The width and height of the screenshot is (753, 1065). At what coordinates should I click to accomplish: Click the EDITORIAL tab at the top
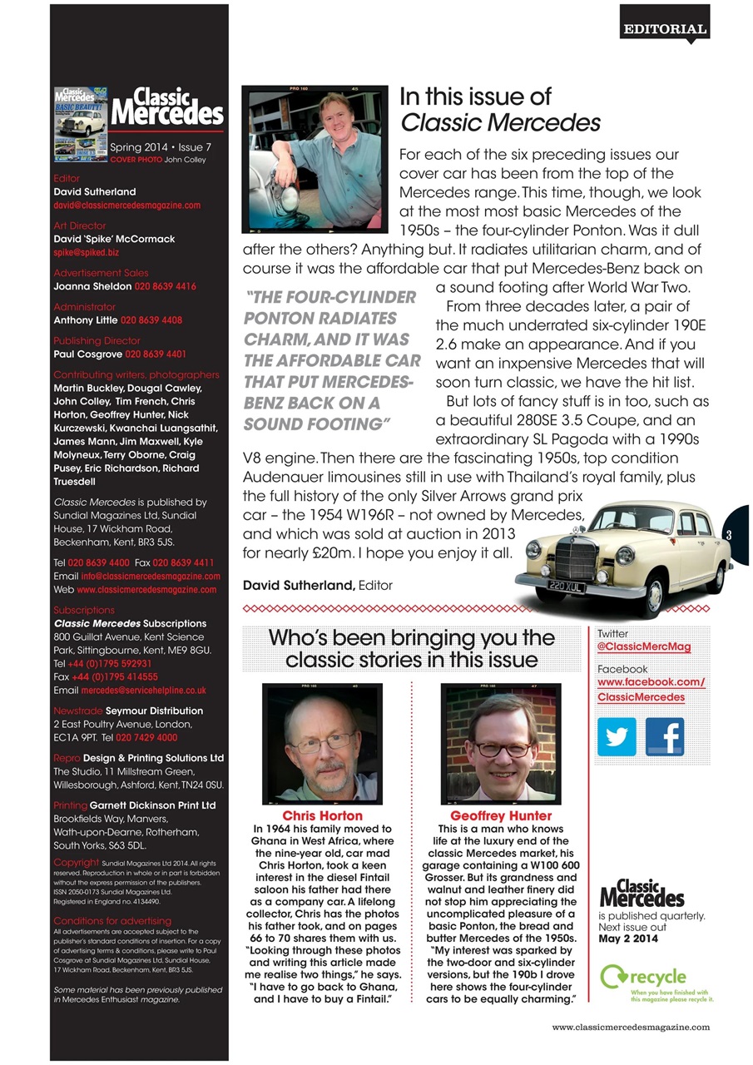[x=665, y=28]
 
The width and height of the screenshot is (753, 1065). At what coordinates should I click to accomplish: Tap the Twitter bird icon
[x=617, y=736]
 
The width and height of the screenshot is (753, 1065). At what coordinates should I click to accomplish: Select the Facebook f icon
[x=664, y=736]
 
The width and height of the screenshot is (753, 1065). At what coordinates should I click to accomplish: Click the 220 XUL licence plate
[x=562, y=587]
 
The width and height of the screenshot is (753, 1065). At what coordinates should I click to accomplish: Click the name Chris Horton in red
[x=322, y=815]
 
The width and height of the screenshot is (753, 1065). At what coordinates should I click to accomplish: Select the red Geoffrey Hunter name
[x=500, y=815]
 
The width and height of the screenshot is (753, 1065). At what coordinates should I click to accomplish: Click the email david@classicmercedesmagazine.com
[x=126, y=205]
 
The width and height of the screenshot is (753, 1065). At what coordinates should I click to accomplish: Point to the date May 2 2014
[x=628, y=939]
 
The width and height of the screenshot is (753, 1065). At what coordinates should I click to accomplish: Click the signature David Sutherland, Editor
[x=317, y=585]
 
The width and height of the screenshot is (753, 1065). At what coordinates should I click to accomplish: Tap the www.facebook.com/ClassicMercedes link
[x=651, y=690]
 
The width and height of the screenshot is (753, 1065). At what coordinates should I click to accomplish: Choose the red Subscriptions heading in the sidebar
[x=84, y=610]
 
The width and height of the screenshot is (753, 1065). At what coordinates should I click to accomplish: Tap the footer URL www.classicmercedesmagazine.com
[x=631, y=1027]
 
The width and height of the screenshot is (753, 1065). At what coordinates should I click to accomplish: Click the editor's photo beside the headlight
[x=315, y=161]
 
